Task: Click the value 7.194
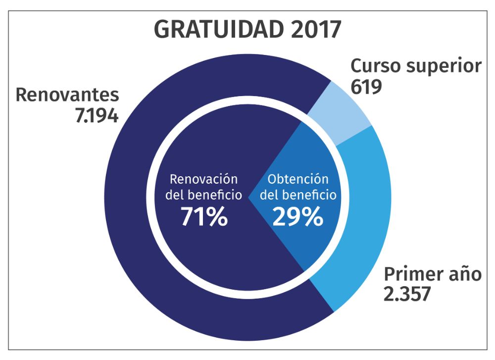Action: click(97, 116)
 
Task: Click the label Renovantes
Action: click(67, 95)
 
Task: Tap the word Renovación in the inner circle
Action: click(204, 179)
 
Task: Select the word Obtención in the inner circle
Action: click(298, 179)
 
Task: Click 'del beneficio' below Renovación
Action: click(204, 195)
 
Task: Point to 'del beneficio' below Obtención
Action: click(298, 195)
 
